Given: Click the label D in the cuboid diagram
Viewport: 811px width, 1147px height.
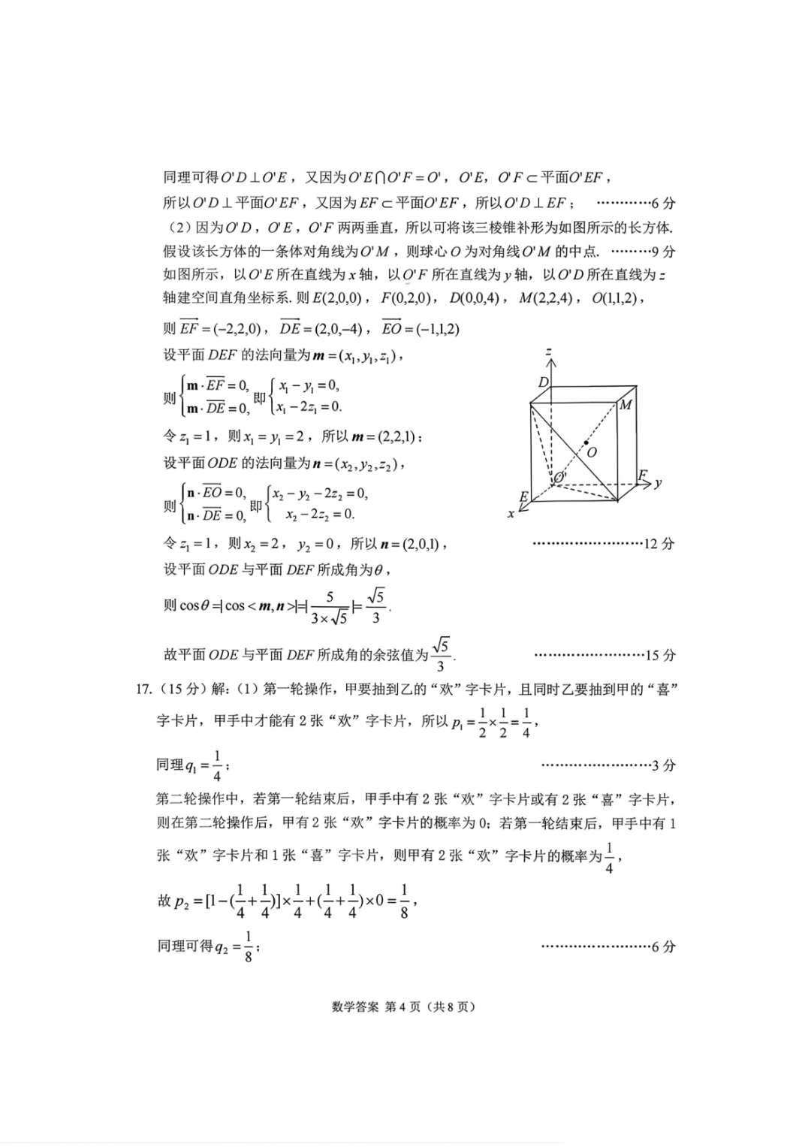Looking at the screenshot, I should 544,383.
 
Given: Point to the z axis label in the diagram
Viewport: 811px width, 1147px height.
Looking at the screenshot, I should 550,352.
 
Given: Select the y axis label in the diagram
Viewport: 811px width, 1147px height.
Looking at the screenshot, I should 658,482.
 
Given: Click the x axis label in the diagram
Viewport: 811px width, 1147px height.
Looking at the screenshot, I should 511,514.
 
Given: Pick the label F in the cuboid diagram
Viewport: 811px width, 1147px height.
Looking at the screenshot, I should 643,475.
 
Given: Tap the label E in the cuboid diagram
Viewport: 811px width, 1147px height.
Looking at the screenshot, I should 523,497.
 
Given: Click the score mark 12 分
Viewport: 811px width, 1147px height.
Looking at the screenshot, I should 659,544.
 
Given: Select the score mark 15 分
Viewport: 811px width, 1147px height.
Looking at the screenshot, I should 660,656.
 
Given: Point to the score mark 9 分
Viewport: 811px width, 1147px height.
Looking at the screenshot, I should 664,252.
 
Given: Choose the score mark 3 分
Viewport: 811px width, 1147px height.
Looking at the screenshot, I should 664,765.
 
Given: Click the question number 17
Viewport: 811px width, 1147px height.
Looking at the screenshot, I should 143,690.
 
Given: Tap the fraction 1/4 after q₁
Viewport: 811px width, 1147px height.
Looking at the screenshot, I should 217,765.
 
